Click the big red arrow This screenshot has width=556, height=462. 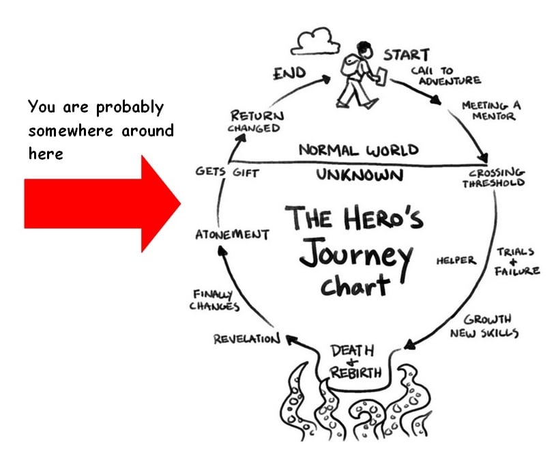(102, 203)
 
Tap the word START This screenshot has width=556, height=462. (406, 55)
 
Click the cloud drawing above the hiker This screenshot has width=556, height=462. (315, 42)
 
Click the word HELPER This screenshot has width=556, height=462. (456, 260)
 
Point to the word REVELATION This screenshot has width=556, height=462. (246, 338)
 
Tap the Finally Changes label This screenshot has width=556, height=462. (214, 300)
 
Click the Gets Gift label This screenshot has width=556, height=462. (227, 173)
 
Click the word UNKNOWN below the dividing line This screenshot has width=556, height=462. (360, 175)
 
